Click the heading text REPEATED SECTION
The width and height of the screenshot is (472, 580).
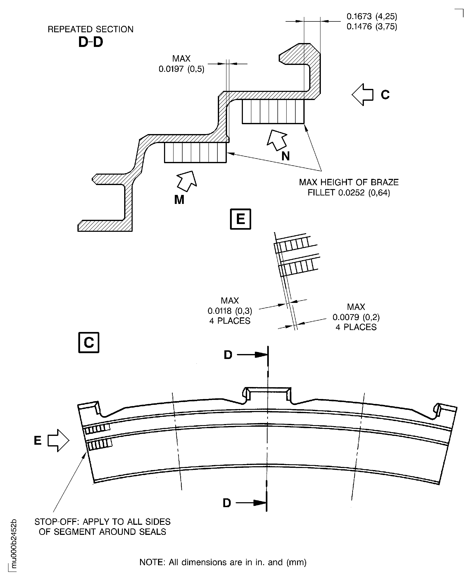(x=90, y=29)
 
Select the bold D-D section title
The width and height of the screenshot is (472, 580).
(x=90, y=42)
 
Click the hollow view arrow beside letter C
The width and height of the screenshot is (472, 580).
(x=363, y=95)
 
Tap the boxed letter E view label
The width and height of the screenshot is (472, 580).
(x=240, y=219)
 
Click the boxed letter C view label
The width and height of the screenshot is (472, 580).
(x=89, y=343)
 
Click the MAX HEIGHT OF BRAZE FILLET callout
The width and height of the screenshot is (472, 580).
(x=349, y=187)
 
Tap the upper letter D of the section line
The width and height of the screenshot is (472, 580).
(x=228, y=355)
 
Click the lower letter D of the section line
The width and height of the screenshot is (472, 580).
(x=227, y=503)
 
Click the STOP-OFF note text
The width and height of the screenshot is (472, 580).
(x=102, y=527)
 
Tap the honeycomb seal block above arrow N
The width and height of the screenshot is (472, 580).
(x=273, y=111)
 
